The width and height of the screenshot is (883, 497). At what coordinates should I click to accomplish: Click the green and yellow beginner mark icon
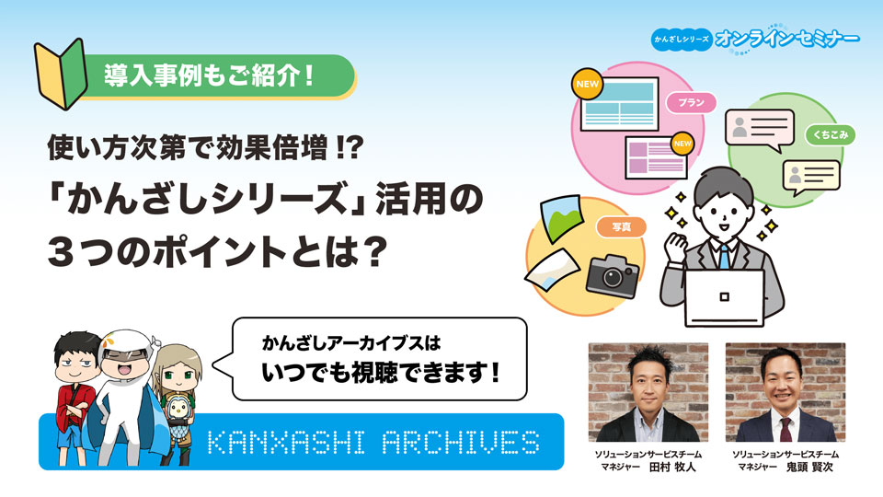click(61, 74)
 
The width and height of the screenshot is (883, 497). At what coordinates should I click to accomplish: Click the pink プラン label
click(691, 102)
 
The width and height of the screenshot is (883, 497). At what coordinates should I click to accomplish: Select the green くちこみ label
click(830, 134)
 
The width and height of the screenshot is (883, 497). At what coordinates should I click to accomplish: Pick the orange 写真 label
click(621, 227)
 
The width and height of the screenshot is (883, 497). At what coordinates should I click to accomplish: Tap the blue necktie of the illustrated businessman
click(724, 257)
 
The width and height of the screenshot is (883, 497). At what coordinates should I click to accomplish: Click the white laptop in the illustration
click(725, 298)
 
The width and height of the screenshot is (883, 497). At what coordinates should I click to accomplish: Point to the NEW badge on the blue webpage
click(588, 84)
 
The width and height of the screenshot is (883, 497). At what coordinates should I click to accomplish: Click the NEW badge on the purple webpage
click(682, 144)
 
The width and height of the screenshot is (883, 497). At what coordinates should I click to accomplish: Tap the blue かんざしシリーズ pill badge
click(682, 40)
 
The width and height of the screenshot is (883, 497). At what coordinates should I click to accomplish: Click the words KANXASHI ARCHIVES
click(373, 443)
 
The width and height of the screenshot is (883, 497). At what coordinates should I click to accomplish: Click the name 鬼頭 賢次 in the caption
click(809, 468)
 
